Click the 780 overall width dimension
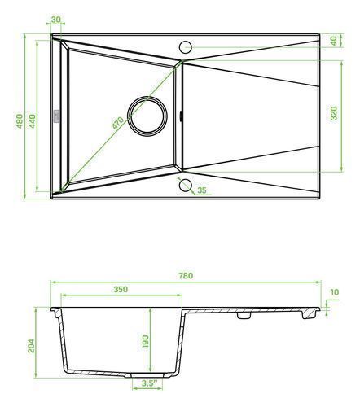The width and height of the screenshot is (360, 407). point(186,275)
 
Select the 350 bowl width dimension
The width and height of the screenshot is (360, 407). point(121,289)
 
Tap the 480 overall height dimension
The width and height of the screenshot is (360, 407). point(20,121)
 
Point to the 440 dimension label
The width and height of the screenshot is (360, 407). point(32,121)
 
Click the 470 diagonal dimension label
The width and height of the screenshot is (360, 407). point(118,123)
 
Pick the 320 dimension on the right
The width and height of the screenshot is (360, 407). point(334,113)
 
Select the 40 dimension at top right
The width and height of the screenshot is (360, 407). point(334,41)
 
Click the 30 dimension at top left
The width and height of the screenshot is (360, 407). point(55,20)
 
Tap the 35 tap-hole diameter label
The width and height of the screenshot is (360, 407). point(202,190)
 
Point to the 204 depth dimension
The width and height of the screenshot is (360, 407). point(31,346)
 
